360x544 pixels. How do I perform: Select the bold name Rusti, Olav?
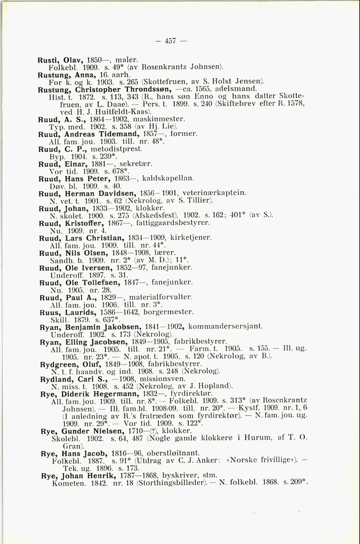click(x=58, y=61)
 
